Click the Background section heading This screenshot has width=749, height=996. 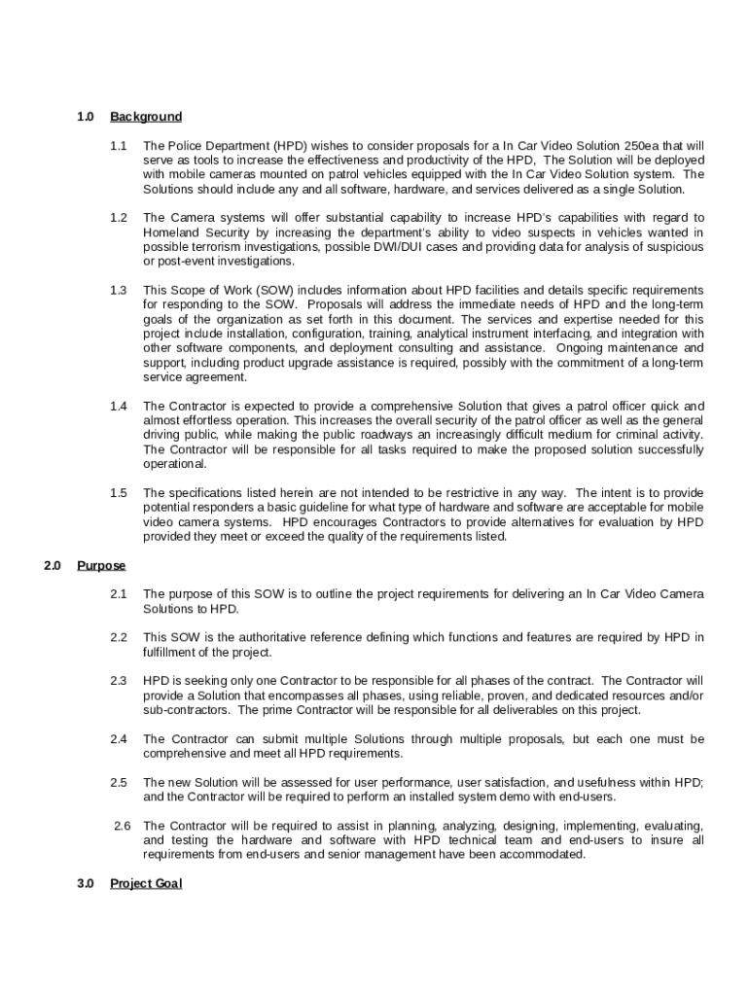click(x=146, y=117)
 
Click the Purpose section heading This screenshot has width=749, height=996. click(x=101, y=565)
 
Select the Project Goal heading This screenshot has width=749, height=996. click(x=146, y=883)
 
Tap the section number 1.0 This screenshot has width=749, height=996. click(x=86, y=117)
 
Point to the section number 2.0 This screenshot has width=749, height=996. click(x=53, y=565)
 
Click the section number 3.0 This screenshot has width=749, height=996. click(x=86, y=883)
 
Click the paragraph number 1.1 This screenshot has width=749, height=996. click(x=119, y=145)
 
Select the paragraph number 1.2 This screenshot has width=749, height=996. click(x=119, y=218)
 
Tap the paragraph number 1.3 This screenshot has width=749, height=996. click(x=119, y=290)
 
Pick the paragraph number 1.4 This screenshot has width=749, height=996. click(x=119, y=406)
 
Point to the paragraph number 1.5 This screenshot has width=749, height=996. click(x=119, y=493)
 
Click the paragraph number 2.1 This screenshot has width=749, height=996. click(x=119, y=593)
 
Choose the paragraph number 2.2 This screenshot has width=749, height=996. click(x=119, y=637)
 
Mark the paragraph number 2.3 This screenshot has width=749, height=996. click(x=119, y=681)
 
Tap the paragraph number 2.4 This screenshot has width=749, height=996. click(x=119, y=739)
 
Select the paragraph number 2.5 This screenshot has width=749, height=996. click(x=119, y=782)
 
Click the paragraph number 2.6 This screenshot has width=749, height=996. click(x=123, y=826)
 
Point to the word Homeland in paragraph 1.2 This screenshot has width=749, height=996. click(x=168, y=232)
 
